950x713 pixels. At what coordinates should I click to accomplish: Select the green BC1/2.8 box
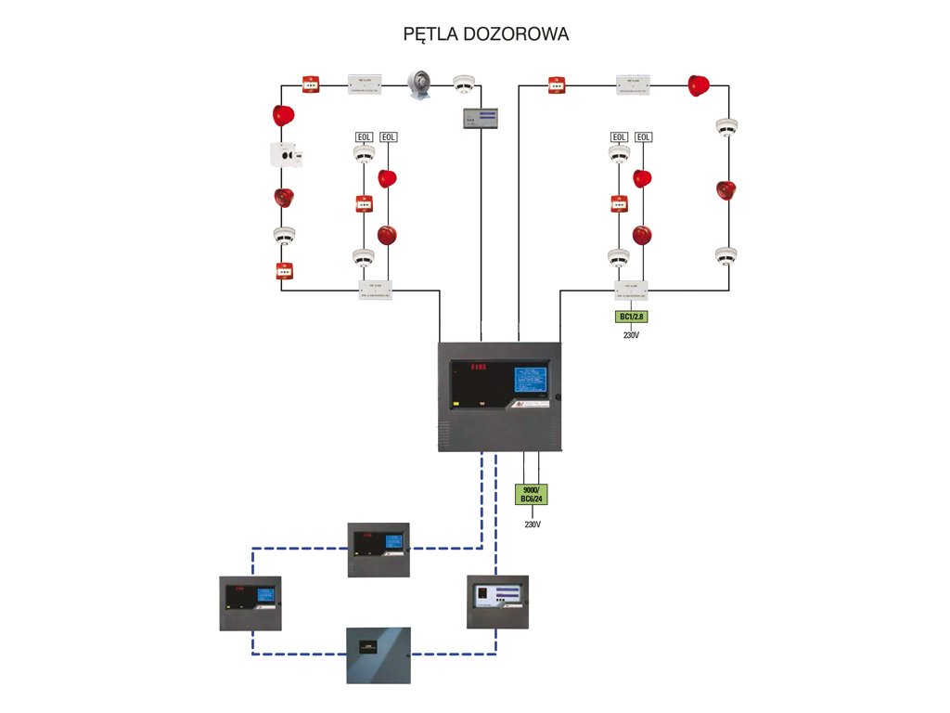(631, 317)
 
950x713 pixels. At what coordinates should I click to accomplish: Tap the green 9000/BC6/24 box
(532, 494)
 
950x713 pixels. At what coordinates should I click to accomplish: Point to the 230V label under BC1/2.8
(631, 335)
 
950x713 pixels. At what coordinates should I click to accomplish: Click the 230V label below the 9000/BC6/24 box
(532, 525)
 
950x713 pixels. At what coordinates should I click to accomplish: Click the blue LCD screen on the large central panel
(530, 381)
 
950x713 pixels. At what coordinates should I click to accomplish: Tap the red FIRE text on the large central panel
(478, 368)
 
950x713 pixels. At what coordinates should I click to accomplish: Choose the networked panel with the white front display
(497, 602)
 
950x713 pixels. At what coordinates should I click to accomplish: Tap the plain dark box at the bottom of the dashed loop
(379, 655)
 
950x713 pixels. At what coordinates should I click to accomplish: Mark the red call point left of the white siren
(311, 84)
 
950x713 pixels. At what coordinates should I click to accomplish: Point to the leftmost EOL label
(364, 137)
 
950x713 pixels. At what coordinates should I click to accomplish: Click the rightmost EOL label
(643, 137)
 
